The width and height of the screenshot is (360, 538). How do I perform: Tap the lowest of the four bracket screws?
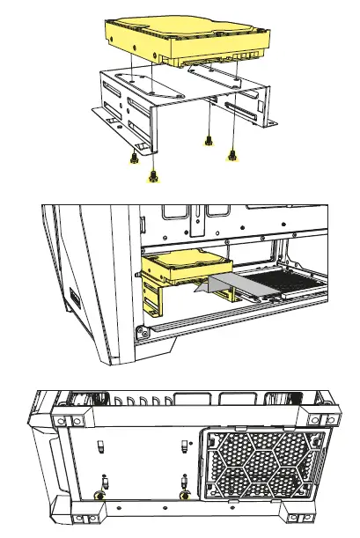point(153,175)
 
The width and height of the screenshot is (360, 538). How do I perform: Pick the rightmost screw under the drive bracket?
point(232,155)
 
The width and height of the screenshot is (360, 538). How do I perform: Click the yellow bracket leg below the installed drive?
point(155,299)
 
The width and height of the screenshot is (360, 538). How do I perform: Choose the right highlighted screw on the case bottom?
point(183,495)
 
